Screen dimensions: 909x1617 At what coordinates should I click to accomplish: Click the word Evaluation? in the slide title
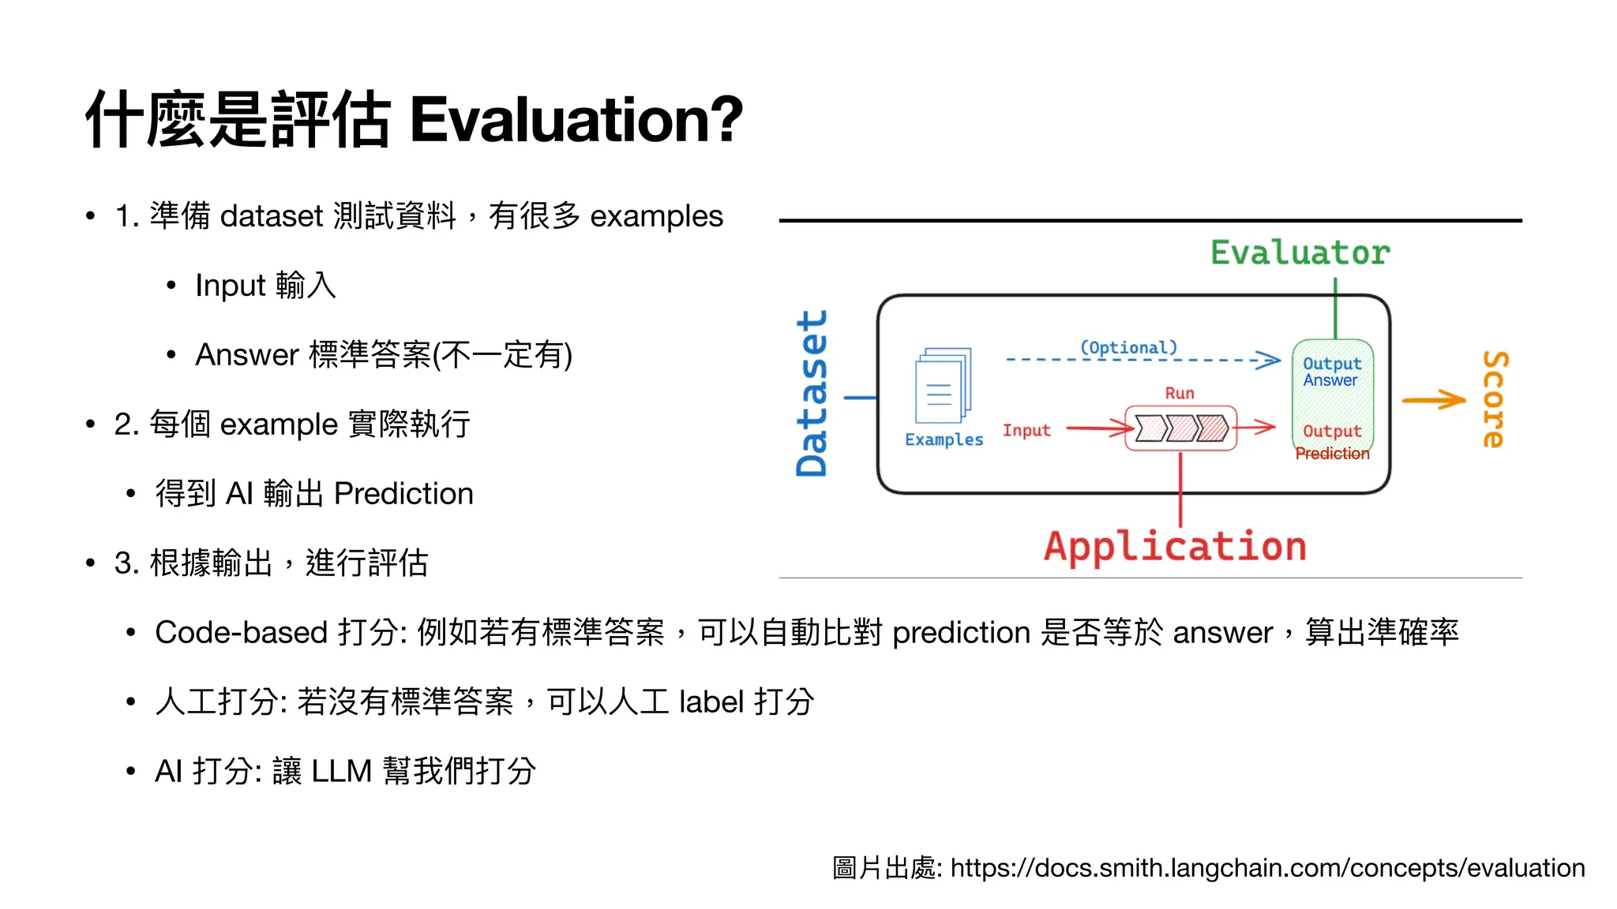click(x=576, y=120)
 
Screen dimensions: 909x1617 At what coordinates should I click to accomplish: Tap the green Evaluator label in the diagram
click(x=1300, y=253)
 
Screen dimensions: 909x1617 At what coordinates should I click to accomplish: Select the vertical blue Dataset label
click(x=812, y=393)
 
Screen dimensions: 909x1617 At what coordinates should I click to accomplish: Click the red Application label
click(x=1175, y=547)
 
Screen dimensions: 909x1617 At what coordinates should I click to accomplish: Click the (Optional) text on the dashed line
click(x=1128, y=347)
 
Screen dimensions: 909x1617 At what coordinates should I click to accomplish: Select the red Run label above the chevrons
click(x=1180, y=393)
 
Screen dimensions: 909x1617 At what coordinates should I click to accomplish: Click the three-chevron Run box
click(x=1180, y=428)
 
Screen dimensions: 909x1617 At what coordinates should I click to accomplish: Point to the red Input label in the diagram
click(x=1026, y=430)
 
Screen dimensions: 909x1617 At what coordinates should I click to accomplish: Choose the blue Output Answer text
click(x=1332, y=372)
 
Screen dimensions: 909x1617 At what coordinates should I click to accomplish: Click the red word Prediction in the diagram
click(x=1332, y=454)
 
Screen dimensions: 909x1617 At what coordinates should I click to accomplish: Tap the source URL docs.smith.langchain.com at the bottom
click(x=1267, y=868)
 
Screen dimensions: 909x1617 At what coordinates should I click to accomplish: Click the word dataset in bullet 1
click(x=272, y=216)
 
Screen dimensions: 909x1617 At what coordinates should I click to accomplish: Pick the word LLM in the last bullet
click(x=341, y=772)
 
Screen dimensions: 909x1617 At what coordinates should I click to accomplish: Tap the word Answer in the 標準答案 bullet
click(x=246, y=355)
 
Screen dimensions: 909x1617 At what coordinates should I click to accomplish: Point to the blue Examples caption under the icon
click(x=944, y=440)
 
